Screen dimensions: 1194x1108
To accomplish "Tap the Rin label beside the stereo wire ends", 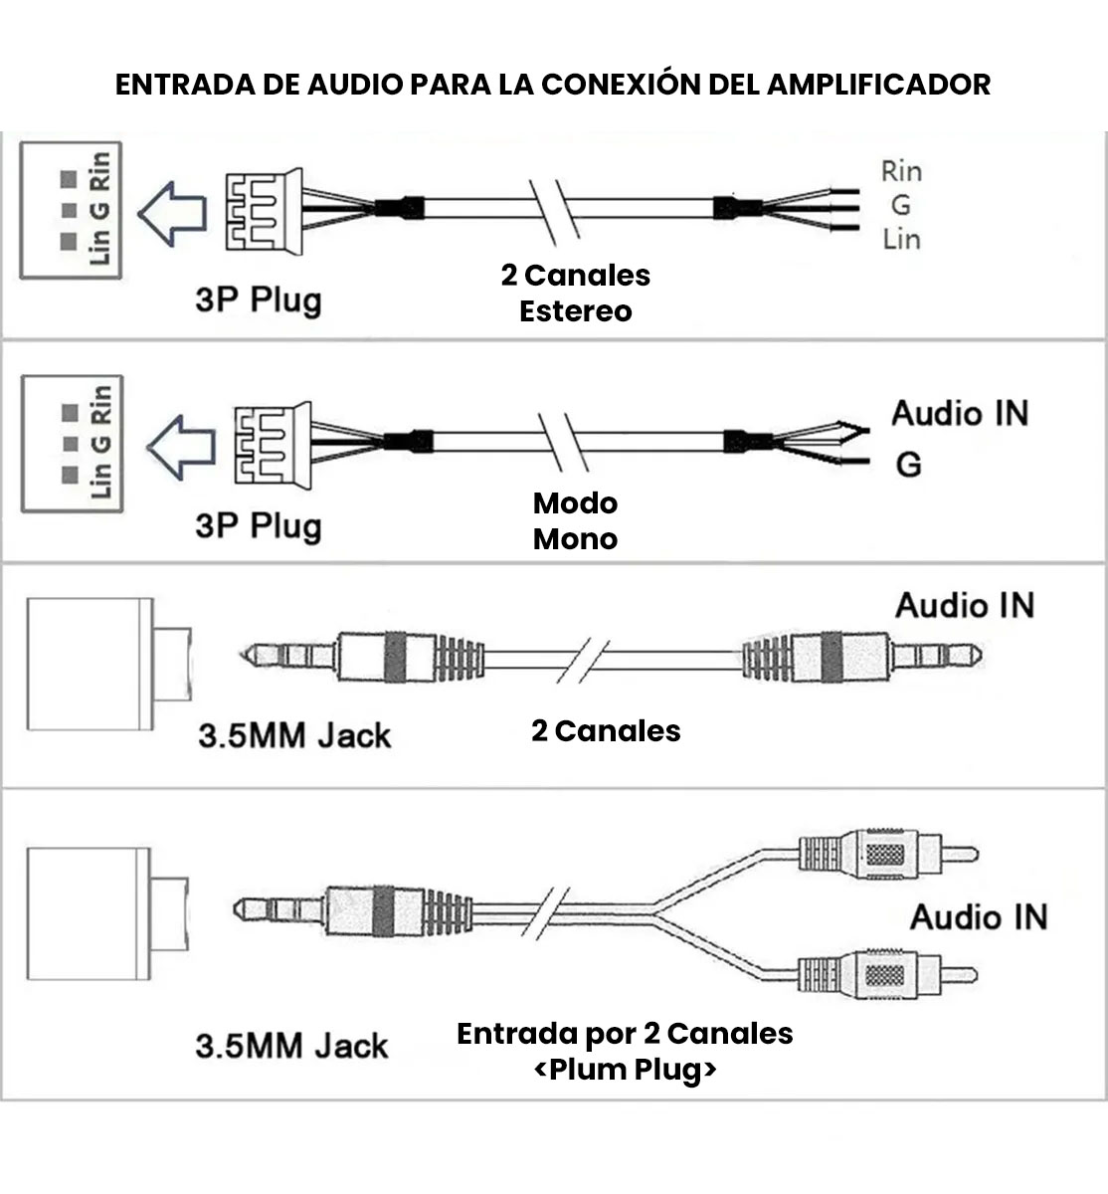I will pos(901,171).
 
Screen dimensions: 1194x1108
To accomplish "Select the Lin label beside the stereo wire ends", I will pos(901,239).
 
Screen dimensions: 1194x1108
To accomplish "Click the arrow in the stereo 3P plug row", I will pos(171,213).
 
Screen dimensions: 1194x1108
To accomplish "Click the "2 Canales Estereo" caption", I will pos(575,293).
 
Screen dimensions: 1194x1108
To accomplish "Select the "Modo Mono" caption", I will pos(575,520).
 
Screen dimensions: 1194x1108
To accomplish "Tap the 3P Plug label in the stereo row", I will pos(258,298).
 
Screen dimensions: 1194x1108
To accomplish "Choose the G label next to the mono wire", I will pos(908,464).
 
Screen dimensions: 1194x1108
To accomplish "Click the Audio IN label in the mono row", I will pos(960,413).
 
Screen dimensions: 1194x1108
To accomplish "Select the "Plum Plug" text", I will pos(626,1070).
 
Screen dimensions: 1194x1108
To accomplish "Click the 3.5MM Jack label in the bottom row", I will pos(291,1046).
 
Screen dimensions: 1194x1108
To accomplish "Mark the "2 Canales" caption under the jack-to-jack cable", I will pos(606,731).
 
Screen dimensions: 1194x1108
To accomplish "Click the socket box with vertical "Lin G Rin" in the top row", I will pos(72,210).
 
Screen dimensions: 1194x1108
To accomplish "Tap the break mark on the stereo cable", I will pos(554,210).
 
